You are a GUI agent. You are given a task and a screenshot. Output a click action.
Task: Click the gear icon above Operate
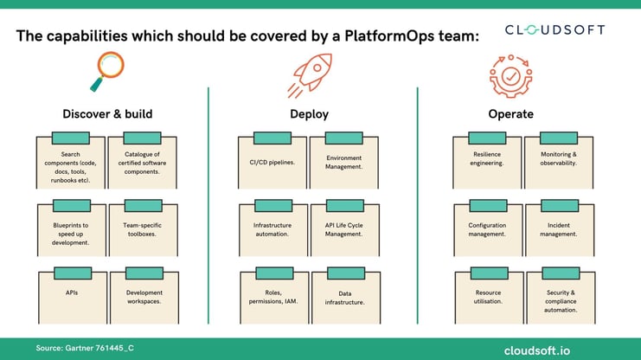(510, 74)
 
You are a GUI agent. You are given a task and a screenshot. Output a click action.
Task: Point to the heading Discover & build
(108, 113)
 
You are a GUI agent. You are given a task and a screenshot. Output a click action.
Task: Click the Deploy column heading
(310, 113)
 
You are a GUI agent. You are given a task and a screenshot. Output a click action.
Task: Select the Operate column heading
(510, 113)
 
